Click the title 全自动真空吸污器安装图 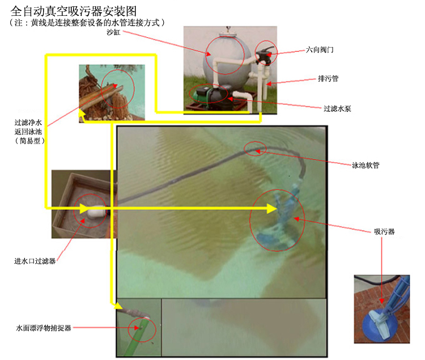point(74,11)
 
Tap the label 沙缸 point(113,32)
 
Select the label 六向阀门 point(320,50)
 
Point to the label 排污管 point(328,79)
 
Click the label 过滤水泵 point(337,109)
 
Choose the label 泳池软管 point(365,165)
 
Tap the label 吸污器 point(384,231)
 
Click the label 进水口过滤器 point(35,261)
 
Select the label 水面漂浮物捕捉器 point(44,328)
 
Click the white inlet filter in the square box point(96,211)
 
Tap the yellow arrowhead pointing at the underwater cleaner point(272,209)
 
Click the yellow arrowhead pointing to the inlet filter point(84,209)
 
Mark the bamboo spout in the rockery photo point(101,96)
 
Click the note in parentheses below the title point(87,23)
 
